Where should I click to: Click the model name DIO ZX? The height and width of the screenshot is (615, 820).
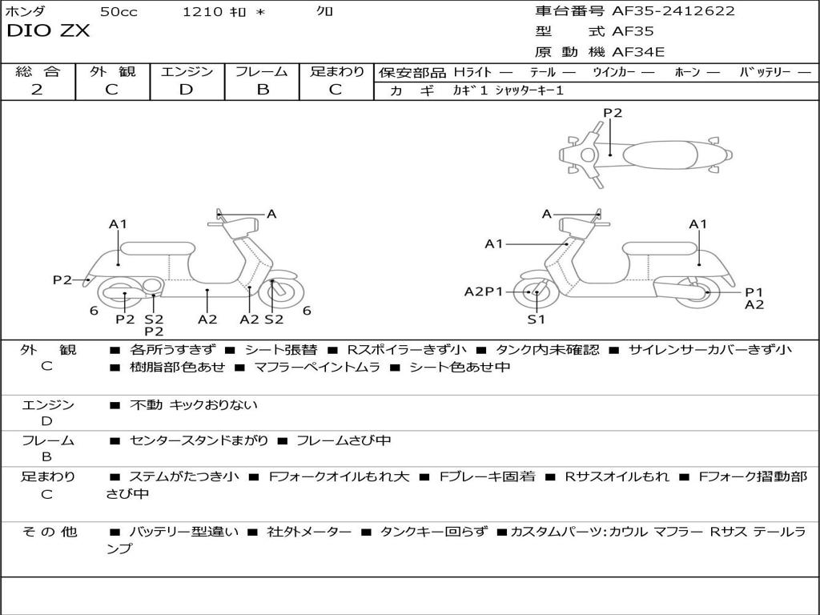[x=48, y=31]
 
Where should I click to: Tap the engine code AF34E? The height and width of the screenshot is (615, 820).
[x=638, y=53]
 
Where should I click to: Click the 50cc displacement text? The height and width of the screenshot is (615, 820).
[x=118, y=11]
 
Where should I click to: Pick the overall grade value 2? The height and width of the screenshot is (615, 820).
[x=37, y=90]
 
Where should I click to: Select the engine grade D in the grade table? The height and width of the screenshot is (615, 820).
[x=187, y=90]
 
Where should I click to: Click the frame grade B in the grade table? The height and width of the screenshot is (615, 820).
[x=262, y=90]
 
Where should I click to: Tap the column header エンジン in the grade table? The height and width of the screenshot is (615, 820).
[x=187, y=71]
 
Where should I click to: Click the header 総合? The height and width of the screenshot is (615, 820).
[x=37, y=71]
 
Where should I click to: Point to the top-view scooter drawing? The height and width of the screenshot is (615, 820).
[x=645, y=153]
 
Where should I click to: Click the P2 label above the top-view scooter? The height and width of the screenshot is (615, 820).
[x=613, y=113]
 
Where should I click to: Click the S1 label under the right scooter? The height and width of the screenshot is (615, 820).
[x=536, y=320]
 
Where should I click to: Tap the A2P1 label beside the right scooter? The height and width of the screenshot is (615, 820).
[x=484, y=291]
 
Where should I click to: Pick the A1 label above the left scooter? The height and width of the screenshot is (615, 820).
[x=118, y=224]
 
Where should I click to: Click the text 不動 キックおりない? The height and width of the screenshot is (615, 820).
[x=194, y=405]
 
